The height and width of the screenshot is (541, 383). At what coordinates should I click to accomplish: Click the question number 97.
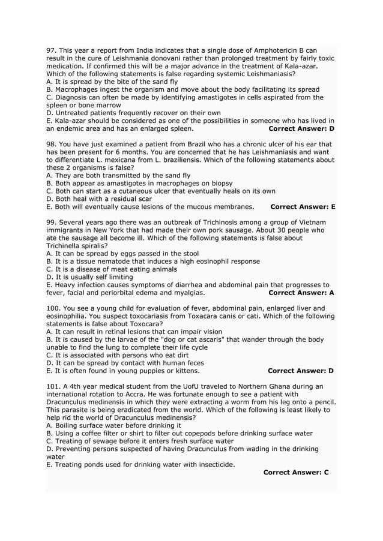coord(51,50)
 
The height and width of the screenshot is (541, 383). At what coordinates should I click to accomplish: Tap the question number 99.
coord(51,222)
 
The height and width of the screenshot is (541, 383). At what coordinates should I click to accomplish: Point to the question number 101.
coord(53,386)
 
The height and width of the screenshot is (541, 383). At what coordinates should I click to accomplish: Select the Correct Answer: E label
coord(303,207)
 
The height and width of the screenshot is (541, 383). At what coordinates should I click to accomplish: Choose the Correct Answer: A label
coord(301,293)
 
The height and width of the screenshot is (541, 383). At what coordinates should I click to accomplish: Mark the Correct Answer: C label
coord(295,473)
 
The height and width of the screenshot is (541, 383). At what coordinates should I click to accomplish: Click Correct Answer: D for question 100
coord(301,371)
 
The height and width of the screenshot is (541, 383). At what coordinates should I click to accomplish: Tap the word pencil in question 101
coord(322,402)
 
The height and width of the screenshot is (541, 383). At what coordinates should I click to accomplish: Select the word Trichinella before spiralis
coord(65,246)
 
